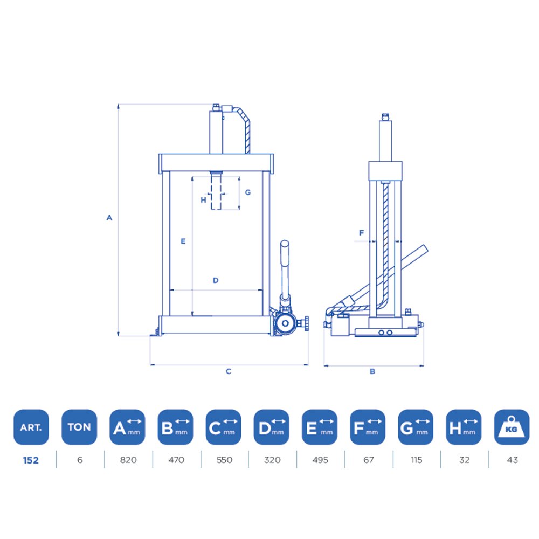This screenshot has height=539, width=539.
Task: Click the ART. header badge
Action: tap(31, 427)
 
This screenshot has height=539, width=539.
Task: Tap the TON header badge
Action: tap(79, 427)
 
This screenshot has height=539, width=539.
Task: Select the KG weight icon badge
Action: tap(512, 427)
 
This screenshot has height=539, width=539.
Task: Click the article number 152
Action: tap(31, 460)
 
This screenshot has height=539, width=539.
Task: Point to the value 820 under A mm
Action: tap(128, 460)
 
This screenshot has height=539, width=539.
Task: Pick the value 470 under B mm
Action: tap(176, 460)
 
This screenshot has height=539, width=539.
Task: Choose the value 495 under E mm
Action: tap(320, 460)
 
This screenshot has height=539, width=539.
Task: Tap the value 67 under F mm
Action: tap(369, 460)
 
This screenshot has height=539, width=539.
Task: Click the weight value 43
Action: tap(512, 460)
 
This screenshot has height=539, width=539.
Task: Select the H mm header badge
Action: tap(464, 427)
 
